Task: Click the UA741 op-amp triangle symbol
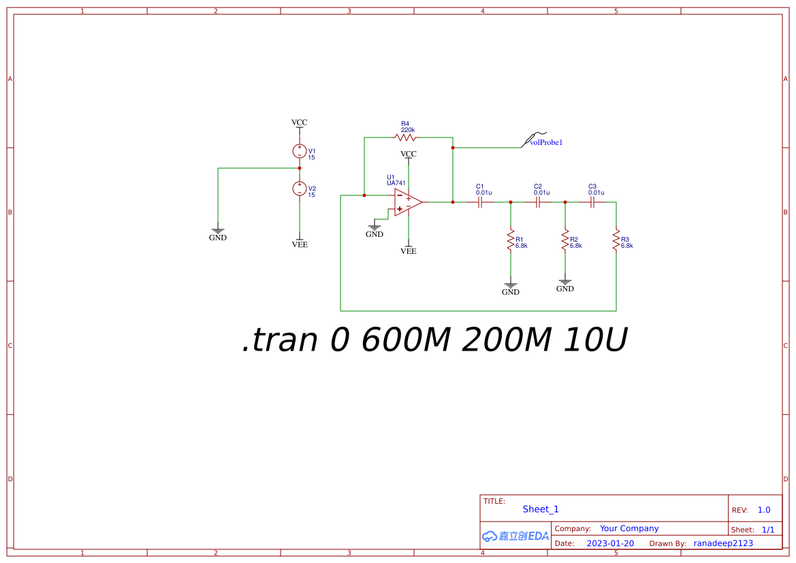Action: tap(407, 202)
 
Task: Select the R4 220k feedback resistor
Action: tap(404, 138)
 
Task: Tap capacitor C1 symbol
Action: tap(480, 202)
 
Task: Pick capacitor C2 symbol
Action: tap(538, 202)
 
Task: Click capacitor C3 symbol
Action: tap(592, 202)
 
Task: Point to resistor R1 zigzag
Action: tap(510, 240)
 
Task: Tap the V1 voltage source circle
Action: tap(299, 151)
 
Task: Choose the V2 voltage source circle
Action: tap(299, 189)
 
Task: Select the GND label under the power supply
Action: tap(218, 238)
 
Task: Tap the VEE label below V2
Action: tap(300, 244)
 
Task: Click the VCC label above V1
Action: tap(300, 123)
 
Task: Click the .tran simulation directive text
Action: tap(434, 340)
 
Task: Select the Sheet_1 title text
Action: tap(541, 509)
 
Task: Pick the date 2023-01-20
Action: tap(610, 543)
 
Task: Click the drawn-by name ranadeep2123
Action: tap(723, 543)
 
